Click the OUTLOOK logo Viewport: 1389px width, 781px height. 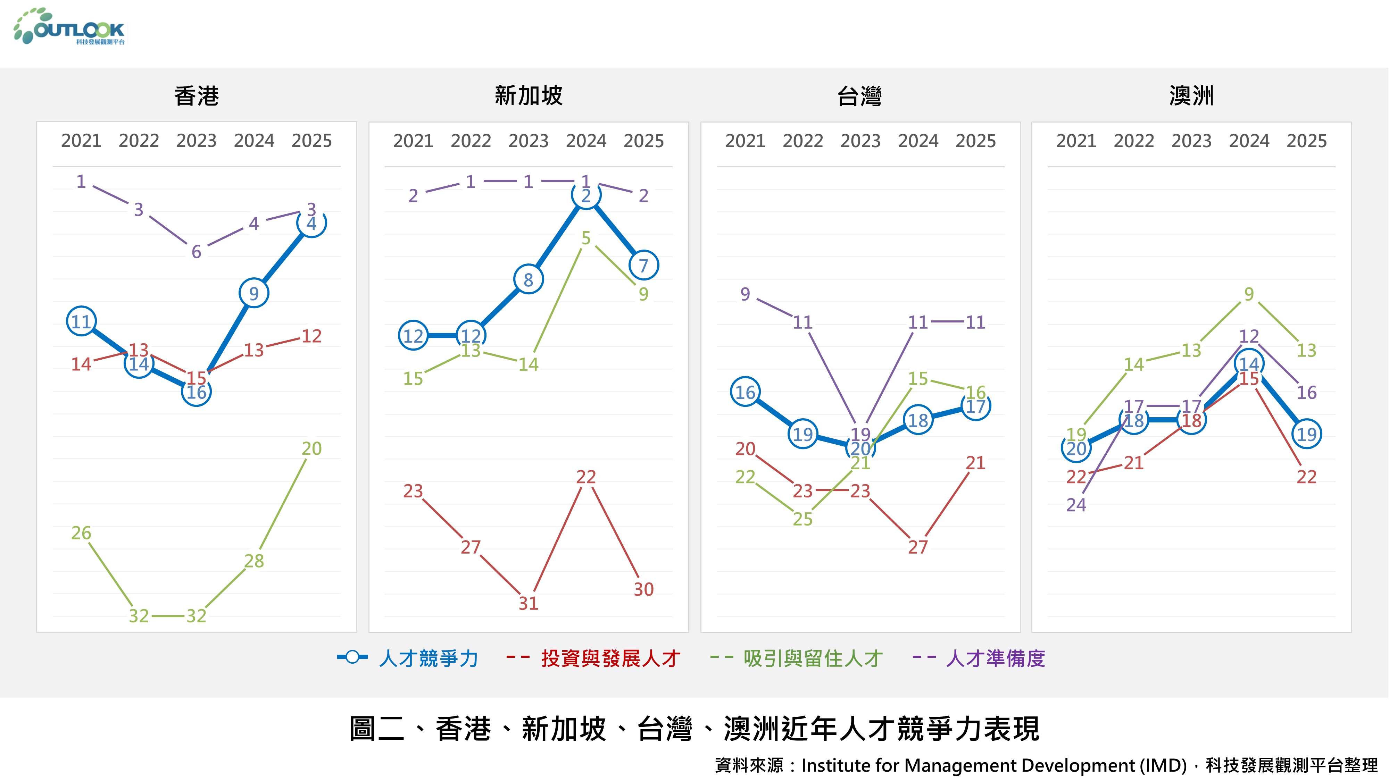(x=70, y=27)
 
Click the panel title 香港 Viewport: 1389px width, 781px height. (x=196, y=96)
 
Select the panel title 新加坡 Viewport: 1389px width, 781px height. (x=529, y=96)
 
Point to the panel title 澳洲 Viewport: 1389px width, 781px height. (x=1192, y=96)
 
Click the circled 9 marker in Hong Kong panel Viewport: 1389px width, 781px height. (x=254, y=293)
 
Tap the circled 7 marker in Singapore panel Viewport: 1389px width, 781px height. (x=643, y=265)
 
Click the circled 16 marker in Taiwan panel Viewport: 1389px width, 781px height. (x=745, y=392)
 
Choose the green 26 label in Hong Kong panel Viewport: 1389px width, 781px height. (x=81, y=532)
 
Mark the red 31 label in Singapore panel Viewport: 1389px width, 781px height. (x=529, y=603)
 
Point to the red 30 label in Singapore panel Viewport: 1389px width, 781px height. (x=643, y=589)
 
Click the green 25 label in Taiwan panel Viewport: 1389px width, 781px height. (x=802, y=519)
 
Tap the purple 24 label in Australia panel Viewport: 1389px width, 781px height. (x=1076, y=504)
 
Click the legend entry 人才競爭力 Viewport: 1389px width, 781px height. (x=428, y=658)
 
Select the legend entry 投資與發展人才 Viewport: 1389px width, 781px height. (x=610, y=658)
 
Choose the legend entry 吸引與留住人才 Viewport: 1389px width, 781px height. (x=813, y=658)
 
